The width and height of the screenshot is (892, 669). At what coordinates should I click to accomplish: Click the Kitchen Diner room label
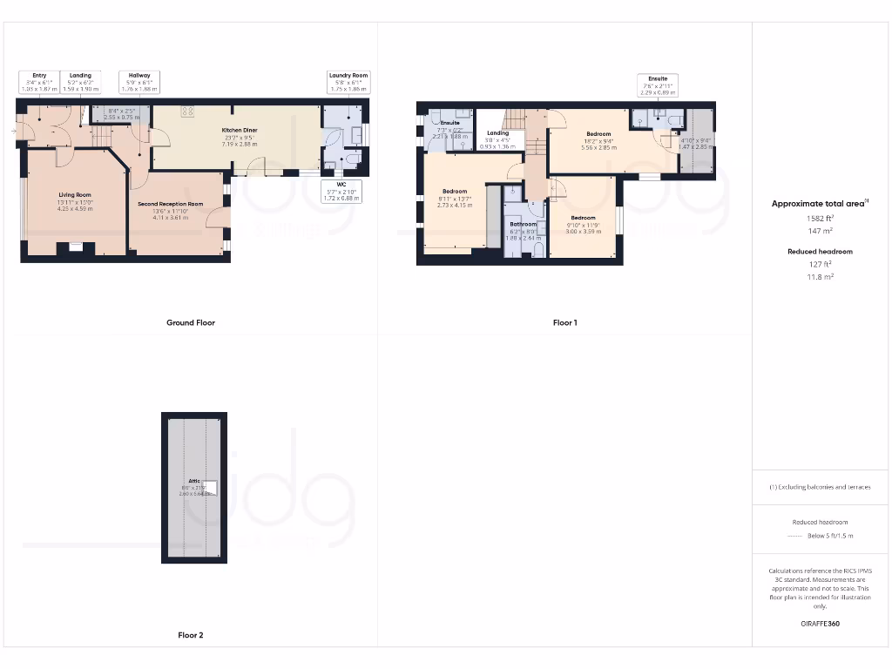pyautogui.click(x=239, y=136)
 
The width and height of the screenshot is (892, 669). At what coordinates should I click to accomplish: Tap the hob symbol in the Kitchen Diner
pyautogui.click(x=186, y=111)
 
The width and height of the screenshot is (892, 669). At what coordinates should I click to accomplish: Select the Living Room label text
pyautogui.click(x=75, y=200)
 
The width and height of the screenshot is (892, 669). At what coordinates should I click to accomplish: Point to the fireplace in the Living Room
pyautogui.click(x=71, y=248)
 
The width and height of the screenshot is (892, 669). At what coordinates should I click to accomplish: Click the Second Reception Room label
pyautogui.click(x=170, y=209)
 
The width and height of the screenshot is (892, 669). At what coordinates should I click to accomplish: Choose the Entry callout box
pyautogui.click(x=39, y=82)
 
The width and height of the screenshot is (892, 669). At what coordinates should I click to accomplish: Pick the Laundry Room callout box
pyautogui.click(x=348, y=82)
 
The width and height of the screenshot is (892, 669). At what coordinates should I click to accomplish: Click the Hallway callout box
pyautogui.click(x=139, y=82)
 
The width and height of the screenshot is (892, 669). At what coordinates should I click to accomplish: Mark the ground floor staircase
pyautogui.click(x=103, y=136)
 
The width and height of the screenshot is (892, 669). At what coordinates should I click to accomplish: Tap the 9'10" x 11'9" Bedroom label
pyautogui.click(x=583, y=223)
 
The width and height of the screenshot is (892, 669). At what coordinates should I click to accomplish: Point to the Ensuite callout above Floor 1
pyautogui.click(x=659, y=84)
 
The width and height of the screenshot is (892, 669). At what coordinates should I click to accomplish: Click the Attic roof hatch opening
pyautogui.click(x=210, y=489)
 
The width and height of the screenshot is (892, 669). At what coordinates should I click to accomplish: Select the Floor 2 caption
pyautogui.click(x=190, y=636)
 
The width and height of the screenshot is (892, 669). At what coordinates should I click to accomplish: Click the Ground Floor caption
pyautogui.click(x=190, y=322)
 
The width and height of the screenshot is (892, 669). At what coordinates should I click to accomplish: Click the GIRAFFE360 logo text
pyautogui.click(x=821, y=624)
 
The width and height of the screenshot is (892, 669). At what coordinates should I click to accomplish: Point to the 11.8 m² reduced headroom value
pyautogui.click(x=821, y=276)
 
